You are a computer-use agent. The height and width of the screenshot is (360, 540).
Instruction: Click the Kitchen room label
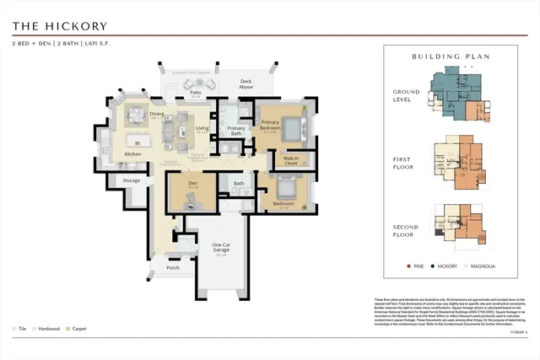[133, 154]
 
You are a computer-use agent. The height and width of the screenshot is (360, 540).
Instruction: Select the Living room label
[202, 129]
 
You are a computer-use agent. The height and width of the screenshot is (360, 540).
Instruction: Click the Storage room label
[131, 180]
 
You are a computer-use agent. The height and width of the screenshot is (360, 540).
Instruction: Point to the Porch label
[173, 268]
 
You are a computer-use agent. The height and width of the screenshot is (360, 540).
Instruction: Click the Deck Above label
[246, 84]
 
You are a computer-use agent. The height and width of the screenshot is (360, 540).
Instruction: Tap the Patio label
[195, 94]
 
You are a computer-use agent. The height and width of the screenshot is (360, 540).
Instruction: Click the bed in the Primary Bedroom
[291, 128]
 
